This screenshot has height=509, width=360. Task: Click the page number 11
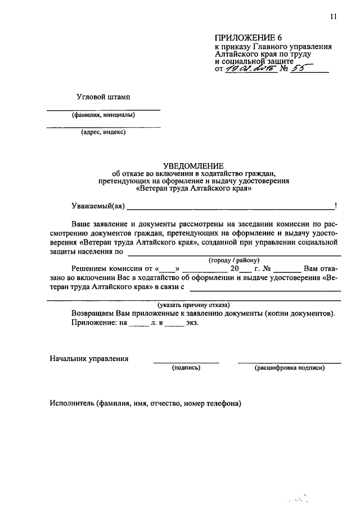(333, 17)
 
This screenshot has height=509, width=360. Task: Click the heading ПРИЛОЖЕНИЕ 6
(243, 38)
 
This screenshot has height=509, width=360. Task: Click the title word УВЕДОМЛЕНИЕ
(193, 165)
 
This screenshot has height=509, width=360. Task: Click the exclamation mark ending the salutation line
(335, 206)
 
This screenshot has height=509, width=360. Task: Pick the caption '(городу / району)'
(233, 260)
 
